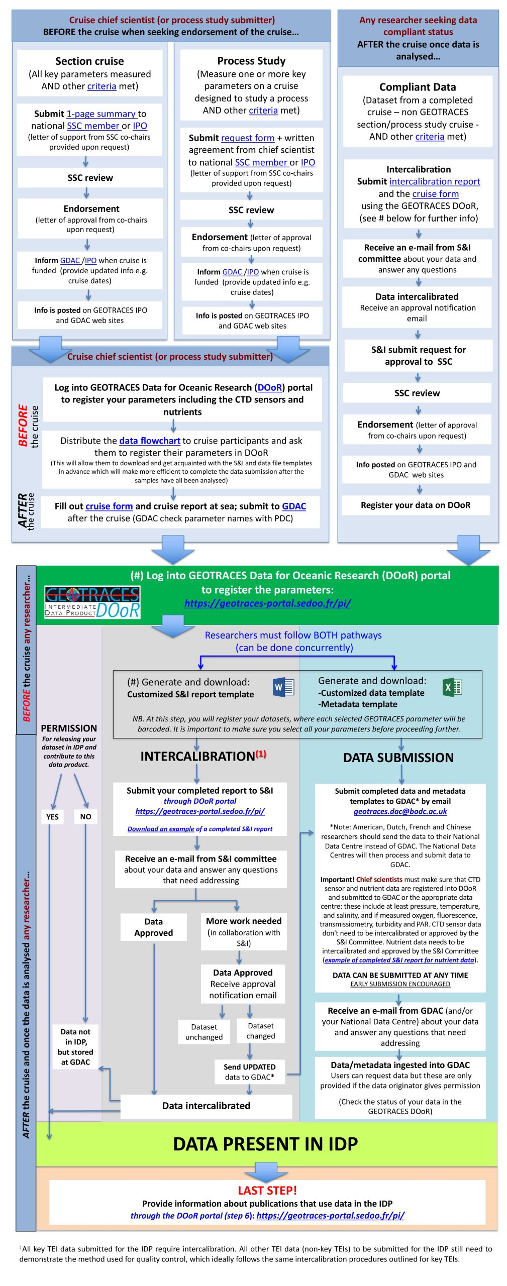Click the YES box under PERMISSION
click(52, 816)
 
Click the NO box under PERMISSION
click(85, 816)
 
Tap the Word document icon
click(283, 687)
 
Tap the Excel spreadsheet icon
click(452, 687)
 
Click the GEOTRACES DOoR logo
click(92, 602)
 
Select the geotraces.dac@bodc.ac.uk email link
click(400, 811)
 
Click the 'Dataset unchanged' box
click(204, 1032)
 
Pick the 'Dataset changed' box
click(261, 1031)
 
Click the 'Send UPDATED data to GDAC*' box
click(249, 1071)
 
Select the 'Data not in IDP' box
click(75, 1046)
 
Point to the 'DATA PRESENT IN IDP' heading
click(265, 1144)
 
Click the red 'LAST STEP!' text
click(267, 1190)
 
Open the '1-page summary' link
click(101, 114)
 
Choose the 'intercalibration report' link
click(435, 181)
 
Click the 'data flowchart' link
click(150, 441)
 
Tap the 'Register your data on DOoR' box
click(416, 505)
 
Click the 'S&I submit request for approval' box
click(418, 356)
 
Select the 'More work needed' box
click(244, 931)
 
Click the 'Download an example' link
click(161, 829)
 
